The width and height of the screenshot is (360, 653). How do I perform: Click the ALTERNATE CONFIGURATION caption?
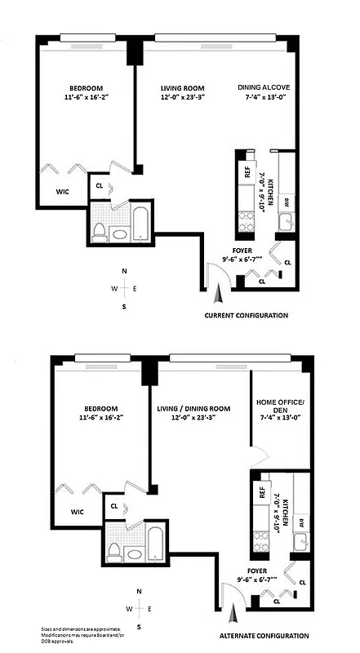[264, 635]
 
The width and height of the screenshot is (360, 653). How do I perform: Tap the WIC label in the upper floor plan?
[61, 192]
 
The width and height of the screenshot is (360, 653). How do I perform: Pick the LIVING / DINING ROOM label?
[193, 408]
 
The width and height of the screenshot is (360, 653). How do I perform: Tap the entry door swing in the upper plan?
[215, 282]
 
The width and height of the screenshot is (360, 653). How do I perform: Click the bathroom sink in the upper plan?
[119, 234]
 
